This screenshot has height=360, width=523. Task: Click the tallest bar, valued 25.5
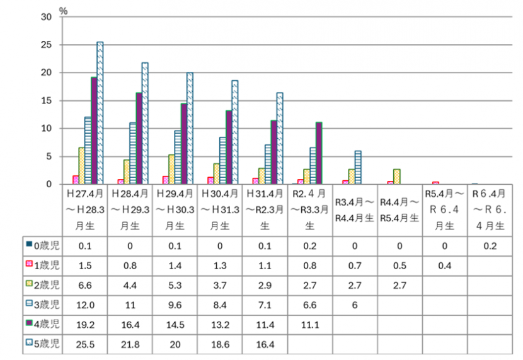coord(100,113)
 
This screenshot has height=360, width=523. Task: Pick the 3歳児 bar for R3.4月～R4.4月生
coord(357,168)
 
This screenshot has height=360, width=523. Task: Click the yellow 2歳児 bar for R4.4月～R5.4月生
coord(396,177)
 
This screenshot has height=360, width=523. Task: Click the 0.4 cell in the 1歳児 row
coord(445,265)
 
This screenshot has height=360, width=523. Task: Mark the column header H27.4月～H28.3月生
coord(85,209)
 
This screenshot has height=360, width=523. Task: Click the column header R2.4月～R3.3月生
coord(310,209)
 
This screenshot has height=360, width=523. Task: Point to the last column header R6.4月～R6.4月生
coord(490,209)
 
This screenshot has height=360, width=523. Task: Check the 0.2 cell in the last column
coord(490,245)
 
